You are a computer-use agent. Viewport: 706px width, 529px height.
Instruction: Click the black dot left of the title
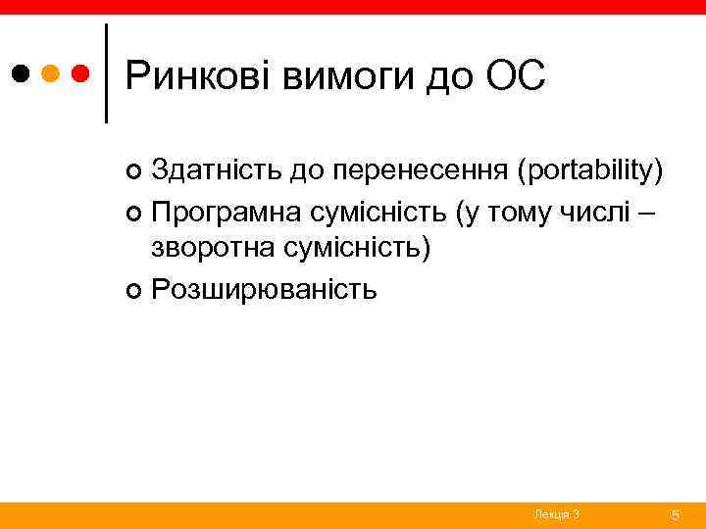point(22,73)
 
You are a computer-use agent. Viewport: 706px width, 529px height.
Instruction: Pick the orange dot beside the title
point(52,73)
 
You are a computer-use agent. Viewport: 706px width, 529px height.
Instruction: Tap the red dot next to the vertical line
point(82,73)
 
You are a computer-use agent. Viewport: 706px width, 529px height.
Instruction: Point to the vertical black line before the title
point(106,73)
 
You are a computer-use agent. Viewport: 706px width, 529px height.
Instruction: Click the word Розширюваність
point(264,289)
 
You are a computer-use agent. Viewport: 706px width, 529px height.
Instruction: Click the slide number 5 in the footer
point(675,514)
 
